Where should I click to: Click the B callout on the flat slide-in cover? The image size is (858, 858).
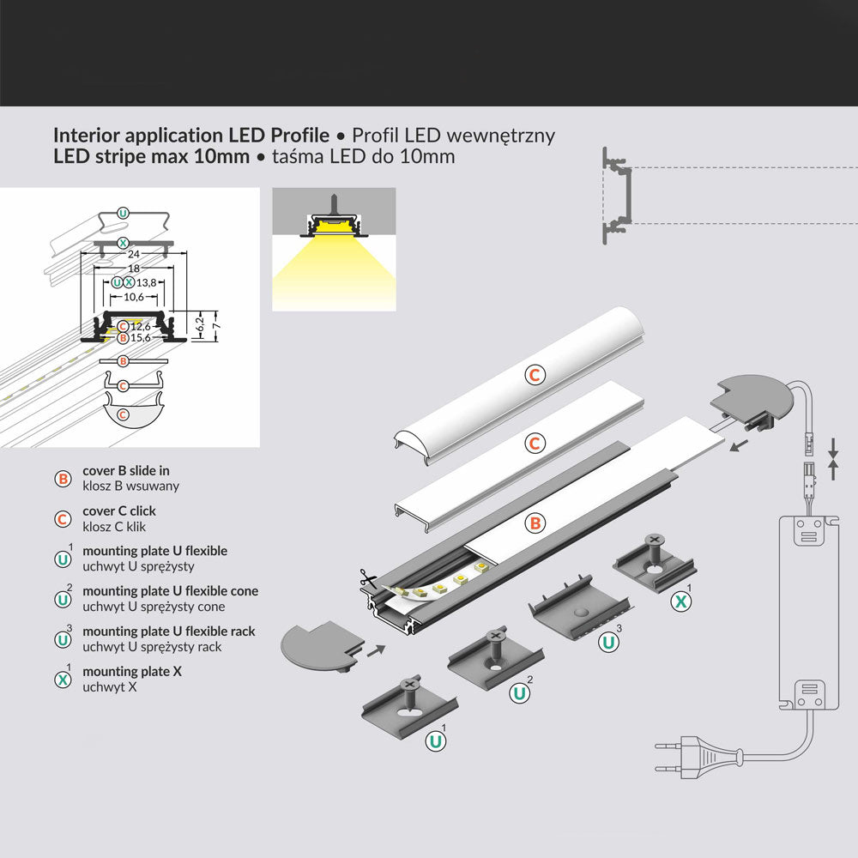[x=534, y=521]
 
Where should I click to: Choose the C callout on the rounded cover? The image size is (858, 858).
[x=535, y=374]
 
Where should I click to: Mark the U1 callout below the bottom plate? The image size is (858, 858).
[x=437, y=739]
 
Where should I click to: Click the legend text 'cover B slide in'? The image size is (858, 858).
[x=125, y=471]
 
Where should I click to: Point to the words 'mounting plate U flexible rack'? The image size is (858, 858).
[x=168, y=631]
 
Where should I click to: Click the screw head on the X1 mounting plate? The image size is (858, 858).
[x=655, y=540]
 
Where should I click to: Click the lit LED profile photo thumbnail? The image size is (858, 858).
[x=334, y=250]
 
